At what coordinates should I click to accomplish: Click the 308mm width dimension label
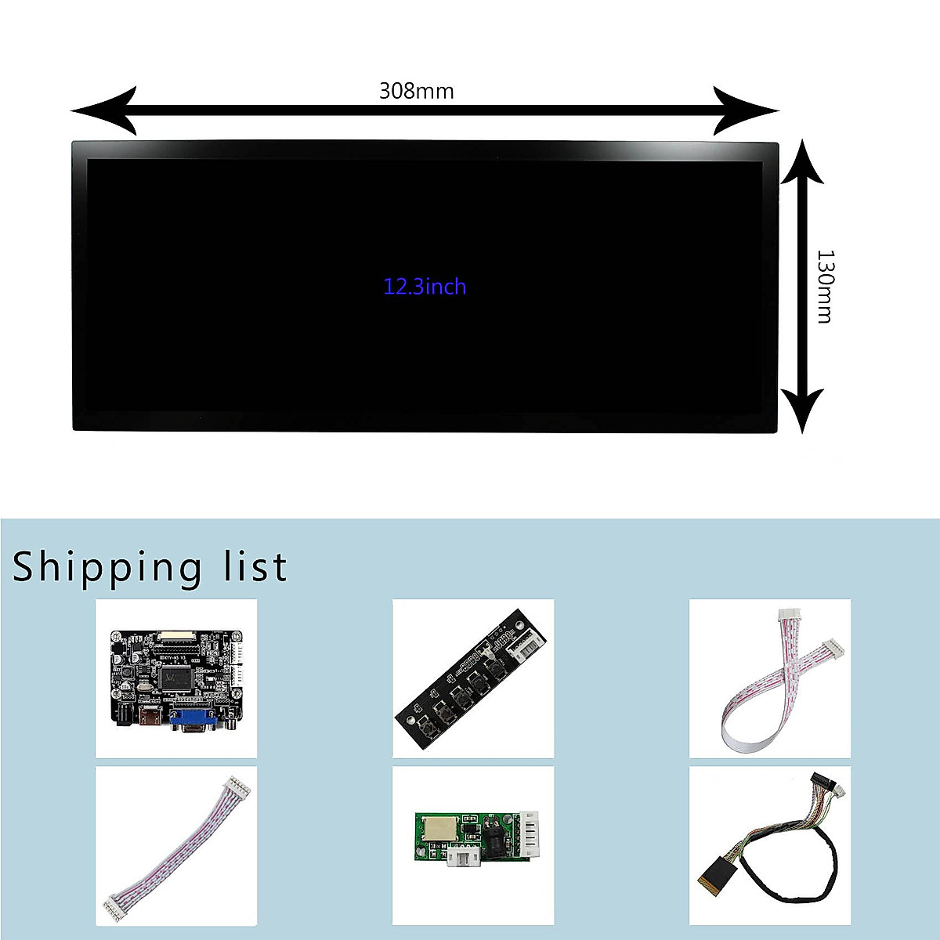coord(416,92)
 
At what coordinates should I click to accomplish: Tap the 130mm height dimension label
coord(825,286)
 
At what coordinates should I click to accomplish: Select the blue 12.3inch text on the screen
coord(425,287)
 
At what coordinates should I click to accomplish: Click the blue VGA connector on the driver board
coord(192,718)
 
